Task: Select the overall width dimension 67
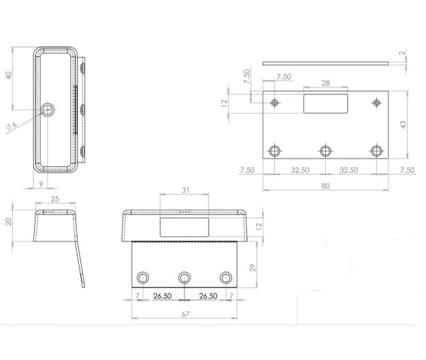(185, 315)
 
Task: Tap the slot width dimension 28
(326, 84)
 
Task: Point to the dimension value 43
(403, 125)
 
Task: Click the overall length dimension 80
(326, 186)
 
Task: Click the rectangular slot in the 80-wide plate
(326, 103)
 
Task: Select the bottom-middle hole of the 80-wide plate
(326, 151)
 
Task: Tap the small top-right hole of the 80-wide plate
(376, 104)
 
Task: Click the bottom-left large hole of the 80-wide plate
(274, 151)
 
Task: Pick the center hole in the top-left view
(48, 109)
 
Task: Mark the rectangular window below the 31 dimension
(184, 227)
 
